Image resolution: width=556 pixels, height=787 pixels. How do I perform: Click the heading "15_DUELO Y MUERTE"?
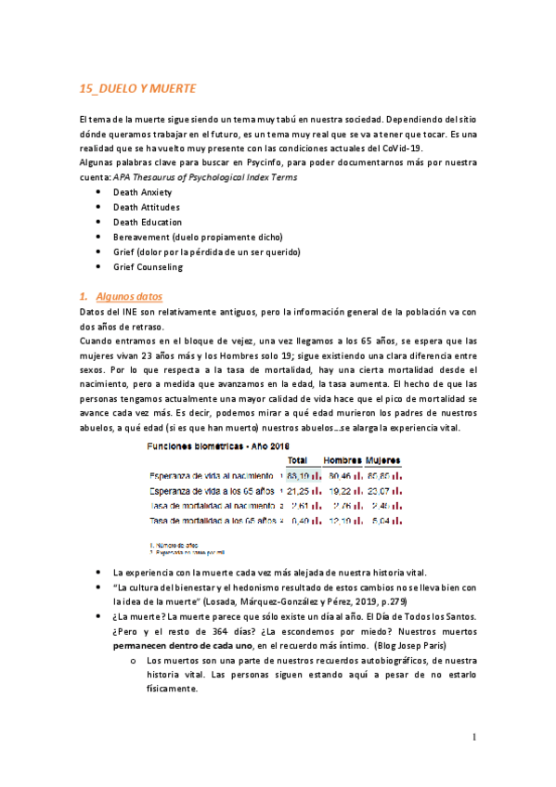click(x=137, y=88)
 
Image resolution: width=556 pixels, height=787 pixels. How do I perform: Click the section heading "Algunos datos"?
click(x=129, y=296)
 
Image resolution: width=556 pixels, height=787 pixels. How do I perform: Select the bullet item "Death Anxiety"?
click(x=142, y=192)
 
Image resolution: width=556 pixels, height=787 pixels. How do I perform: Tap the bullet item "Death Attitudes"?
click(x=146, y=207)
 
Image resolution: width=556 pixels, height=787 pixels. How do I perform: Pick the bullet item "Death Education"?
click(x=147, y=222)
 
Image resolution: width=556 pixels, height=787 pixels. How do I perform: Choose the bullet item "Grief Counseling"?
click(x=148, y=267)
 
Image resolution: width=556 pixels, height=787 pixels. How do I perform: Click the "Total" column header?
click(x=298, y=460)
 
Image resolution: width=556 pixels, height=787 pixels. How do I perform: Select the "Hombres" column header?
click(x=342, y=460)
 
